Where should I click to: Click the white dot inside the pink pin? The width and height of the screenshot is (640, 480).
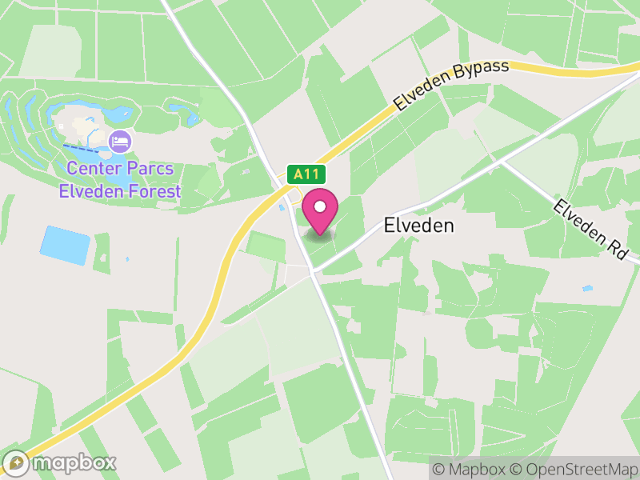click(321, 207)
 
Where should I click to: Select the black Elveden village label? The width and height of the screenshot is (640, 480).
click(418, 226)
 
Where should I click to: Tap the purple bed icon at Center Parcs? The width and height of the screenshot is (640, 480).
click(120, 142)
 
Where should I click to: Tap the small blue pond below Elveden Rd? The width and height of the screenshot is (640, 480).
click(588, 288)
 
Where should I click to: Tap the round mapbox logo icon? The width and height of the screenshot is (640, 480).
click(16, 462)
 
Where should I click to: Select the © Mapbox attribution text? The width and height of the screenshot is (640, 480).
click(470, 469)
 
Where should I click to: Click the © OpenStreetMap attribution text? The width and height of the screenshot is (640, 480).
click(574, 469)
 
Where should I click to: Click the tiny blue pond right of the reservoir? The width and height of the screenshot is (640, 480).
click(127, 259)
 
